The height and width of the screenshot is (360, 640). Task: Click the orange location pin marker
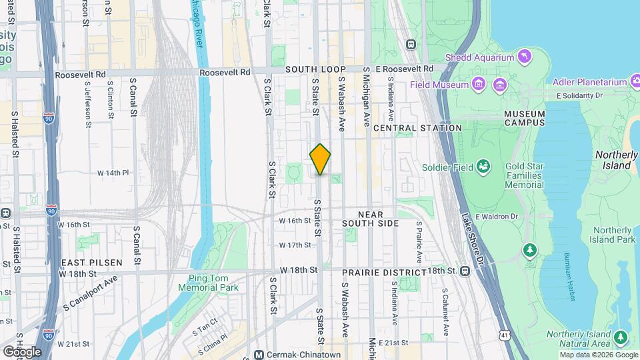pyautogui.click(x=320, y=159)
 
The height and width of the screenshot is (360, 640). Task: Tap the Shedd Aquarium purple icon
pyautogui.click(x=525, y=57)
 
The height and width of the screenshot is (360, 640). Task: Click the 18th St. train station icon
pyautogui.click(x=465, y=271)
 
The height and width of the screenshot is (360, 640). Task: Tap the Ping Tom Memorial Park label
pyautogui.click(x=208, y=283)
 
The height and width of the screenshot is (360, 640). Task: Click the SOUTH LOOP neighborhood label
pyautogui.click(x=315, y=69)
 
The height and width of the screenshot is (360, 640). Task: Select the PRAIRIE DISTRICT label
pyautogui.click(x=383, y=273)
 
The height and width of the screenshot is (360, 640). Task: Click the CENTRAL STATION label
pyautogui.click(x=417, y=127)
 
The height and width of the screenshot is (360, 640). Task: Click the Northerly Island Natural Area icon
pyautogui.click(x=621, y=337)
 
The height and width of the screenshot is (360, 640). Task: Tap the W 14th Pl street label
pyautogui.click(x=113, y=173)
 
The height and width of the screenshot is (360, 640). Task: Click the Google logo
pyautogui.click(x=22, y=351)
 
